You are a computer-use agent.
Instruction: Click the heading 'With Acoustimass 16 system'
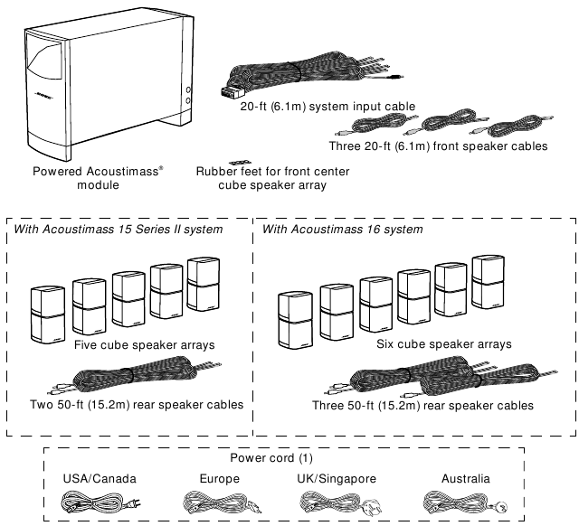tap(342, 230)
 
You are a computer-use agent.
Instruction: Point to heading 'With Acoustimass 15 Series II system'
tap(131, 230)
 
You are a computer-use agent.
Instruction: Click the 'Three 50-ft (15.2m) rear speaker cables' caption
tap(422, 406)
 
